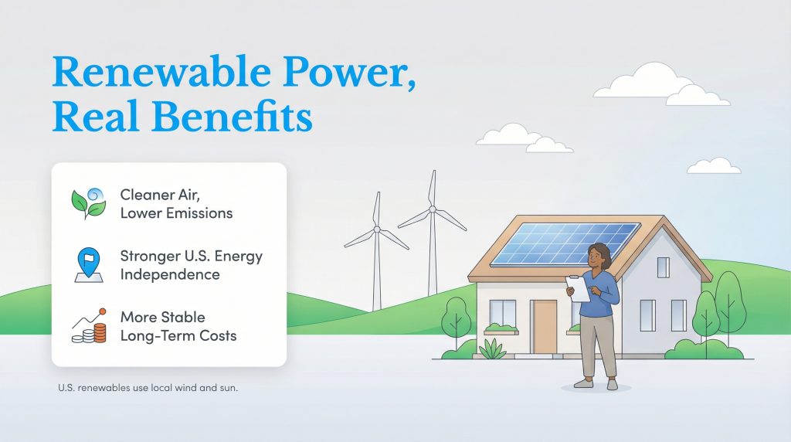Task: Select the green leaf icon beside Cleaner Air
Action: click(87, 202)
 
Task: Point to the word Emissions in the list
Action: click(197, 213)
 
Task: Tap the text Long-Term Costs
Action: click(178, 336)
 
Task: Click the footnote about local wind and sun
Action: click(148, 388)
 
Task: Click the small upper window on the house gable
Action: click(663, 267)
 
